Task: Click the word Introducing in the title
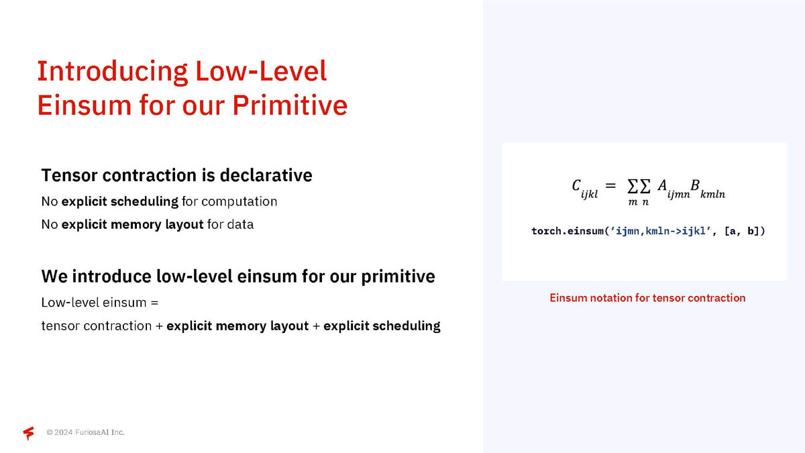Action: tap(113, 72)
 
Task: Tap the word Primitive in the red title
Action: tap(290, 105)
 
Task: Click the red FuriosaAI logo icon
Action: tap(29, 433)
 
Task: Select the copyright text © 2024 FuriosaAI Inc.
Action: tap(86, 432)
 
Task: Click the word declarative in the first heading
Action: tap(266, 175)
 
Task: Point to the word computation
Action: tap(239, 202)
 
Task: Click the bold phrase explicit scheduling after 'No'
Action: tap(119, 202)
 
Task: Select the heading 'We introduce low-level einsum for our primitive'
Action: tap(238, 276)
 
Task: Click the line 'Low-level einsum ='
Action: tap(100, 303)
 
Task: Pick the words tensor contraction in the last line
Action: tap(97, 325)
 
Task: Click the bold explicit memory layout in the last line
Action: tap(237, 326)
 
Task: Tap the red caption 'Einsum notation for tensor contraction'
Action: tap(647, 298)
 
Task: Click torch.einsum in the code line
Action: tap(567, 231)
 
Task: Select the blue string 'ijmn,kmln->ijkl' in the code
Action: tap(661, 231)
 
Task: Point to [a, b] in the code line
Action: tap(741, 231)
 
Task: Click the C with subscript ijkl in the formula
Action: tap(585, 189)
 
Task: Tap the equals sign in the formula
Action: tap(610, 185)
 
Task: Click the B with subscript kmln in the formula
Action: tap(707, 189)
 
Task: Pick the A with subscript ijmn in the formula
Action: tap(674, 189)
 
